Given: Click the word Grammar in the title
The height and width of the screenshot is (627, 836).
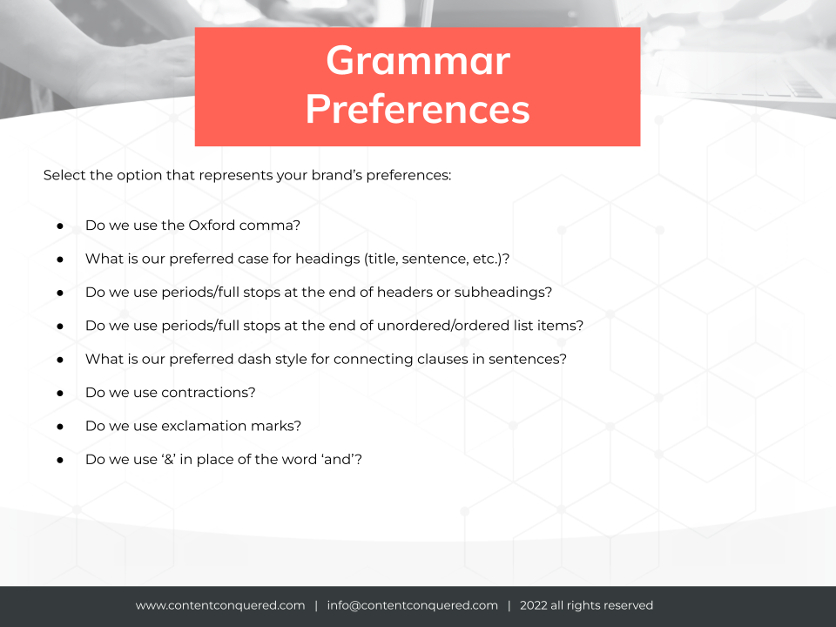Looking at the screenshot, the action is point(418,61).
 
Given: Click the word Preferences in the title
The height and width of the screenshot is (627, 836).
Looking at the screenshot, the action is point(417,110).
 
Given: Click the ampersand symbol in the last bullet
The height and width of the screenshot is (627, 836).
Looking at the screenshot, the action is point(169,460).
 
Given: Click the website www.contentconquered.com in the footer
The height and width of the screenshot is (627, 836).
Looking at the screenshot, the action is point(220,606).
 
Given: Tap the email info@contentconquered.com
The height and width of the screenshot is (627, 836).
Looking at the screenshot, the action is point(413,606).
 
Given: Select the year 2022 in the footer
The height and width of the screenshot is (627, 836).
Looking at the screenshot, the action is point(534,605).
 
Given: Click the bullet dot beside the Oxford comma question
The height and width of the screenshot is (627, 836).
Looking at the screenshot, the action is point(60,226).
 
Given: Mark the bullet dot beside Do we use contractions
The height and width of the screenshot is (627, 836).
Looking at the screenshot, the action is point(60,394).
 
